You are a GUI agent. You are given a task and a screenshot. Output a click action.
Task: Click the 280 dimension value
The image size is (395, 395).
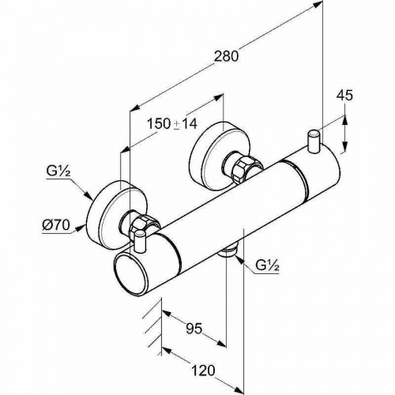click(x=226, y=56)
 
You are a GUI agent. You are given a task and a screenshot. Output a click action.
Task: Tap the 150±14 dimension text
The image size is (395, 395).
click(x=172, y=123)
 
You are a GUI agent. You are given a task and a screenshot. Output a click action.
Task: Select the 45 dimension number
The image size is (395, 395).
click(x=344, y=96)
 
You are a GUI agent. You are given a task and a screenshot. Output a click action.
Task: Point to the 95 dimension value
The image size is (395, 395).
click(x=194, y=329)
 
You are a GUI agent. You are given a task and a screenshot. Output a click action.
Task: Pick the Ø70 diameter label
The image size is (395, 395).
click(x=56, y=225)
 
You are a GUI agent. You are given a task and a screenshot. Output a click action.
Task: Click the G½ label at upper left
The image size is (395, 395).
click(x=58, y=171)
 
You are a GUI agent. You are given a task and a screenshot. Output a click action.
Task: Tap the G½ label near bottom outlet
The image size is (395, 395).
click(x=267, y=266)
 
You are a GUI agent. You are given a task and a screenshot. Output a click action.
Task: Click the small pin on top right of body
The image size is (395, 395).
click(x=314, y=141)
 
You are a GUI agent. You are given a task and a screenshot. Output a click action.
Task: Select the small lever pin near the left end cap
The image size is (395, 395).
click(x=140, y=241)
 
